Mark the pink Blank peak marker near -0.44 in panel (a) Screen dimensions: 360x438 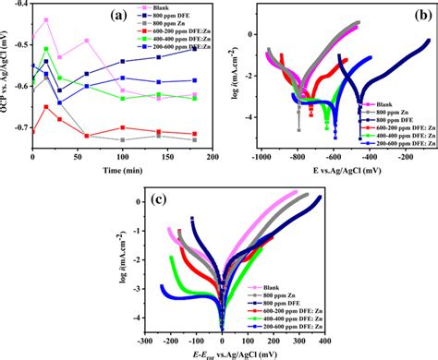[x=46, y=20]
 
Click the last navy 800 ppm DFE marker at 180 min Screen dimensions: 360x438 [x=194, y=49]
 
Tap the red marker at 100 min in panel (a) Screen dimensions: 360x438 [x=122, y=127]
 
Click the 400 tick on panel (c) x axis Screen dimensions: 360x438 [x=351, y=340]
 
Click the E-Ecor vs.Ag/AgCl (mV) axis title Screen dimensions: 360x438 [x=248, y=352]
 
